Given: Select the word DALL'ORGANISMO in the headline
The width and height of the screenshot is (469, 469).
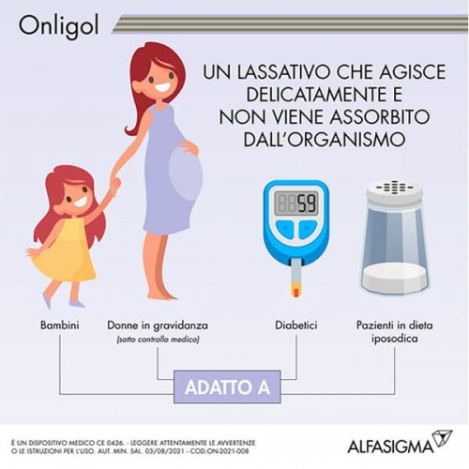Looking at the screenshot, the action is coord(325,139).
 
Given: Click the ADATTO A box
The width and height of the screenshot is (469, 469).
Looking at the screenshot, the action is coord(227,386).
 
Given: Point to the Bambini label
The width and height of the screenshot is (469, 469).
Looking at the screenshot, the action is coord(59,325).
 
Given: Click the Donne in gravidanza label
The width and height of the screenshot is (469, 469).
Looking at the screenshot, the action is coord(158,325).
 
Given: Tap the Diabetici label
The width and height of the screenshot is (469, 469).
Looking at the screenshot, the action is coord(296,325).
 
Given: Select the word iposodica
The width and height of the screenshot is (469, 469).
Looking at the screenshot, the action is coord(395,339).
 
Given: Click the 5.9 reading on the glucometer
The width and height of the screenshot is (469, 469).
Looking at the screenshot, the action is coord(306,204).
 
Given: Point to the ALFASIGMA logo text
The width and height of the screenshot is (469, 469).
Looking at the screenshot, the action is coord(390,446).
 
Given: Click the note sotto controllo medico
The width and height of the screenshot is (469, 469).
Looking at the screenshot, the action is coord(158,340).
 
